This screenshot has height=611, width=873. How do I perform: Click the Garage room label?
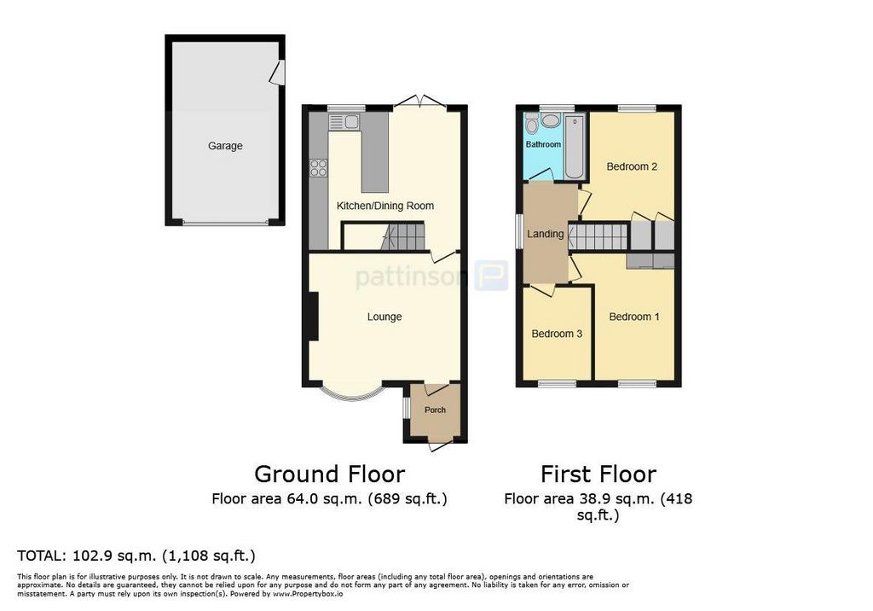225,146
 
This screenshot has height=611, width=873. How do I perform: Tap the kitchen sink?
344,121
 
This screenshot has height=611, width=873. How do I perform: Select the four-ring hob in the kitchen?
319,168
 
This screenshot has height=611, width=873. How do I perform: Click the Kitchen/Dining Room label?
384,206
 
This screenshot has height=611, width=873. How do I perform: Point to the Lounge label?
384,317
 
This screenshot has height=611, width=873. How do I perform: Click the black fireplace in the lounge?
313,317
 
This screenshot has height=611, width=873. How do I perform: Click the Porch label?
435,410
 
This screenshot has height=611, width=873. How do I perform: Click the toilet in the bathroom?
532,124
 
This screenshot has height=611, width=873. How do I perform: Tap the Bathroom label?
543,144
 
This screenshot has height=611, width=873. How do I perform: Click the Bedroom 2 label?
632,166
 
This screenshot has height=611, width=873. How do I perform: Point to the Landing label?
545,234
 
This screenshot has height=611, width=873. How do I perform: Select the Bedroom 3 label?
557,334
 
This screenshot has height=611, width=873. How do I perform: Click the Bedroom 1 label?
634,317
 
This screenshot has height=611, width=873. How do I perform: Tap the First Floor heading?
598,474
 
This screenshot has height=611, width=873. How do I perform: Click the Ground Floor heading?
330,474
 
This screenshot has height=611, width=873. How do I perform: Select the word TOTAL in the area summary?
41,556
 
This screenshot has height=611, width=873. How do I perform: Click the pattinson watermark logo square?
491,276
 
